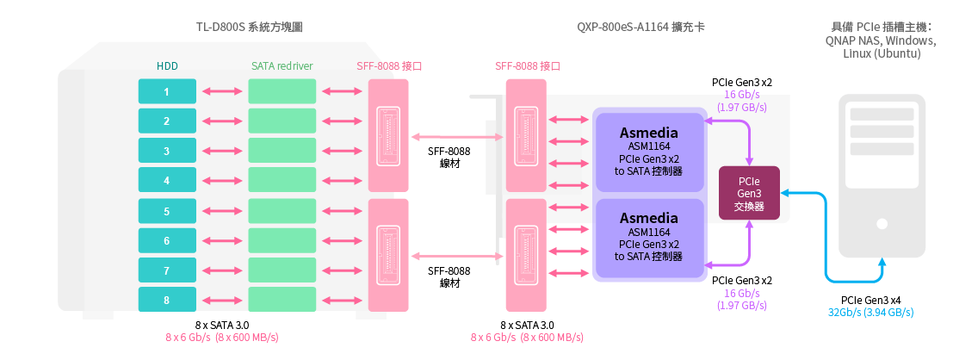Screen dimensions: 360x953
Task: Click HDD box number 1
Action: tap(167, 91)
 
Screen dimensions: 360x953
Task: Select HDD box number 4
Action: tap(167, 181)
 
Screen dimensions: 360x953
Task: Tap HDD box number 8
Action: tap(167, 301)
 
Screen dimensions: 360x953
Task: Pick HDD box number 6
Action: tap(167, 241)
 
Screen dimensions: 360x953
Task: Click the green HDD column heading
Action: tap(167, 65)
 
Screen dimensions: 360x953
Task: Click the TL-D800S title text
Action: tap(249, 28)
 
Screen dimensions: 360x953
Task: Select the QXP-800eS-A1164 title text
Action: tap(640, 28)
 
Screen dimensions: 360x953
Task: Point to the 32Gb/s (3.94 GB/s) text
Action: tap(871, 312)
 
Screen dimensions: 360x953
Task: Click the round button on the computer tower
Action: tap(882, 224)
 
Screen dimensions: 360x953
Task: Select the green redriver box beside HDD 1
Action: tap(282, 91)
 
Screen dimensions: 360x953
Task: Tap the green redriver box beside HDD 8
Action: tap(282, 301)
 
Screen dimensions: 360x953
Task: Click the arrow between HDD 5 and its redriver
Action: tap(222, 211)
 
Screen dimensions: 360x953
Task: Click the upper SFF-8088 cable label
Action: tap(449, 157)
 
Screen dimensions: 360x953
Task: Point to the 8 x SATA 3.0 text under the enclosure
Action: tap(222, 325)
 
